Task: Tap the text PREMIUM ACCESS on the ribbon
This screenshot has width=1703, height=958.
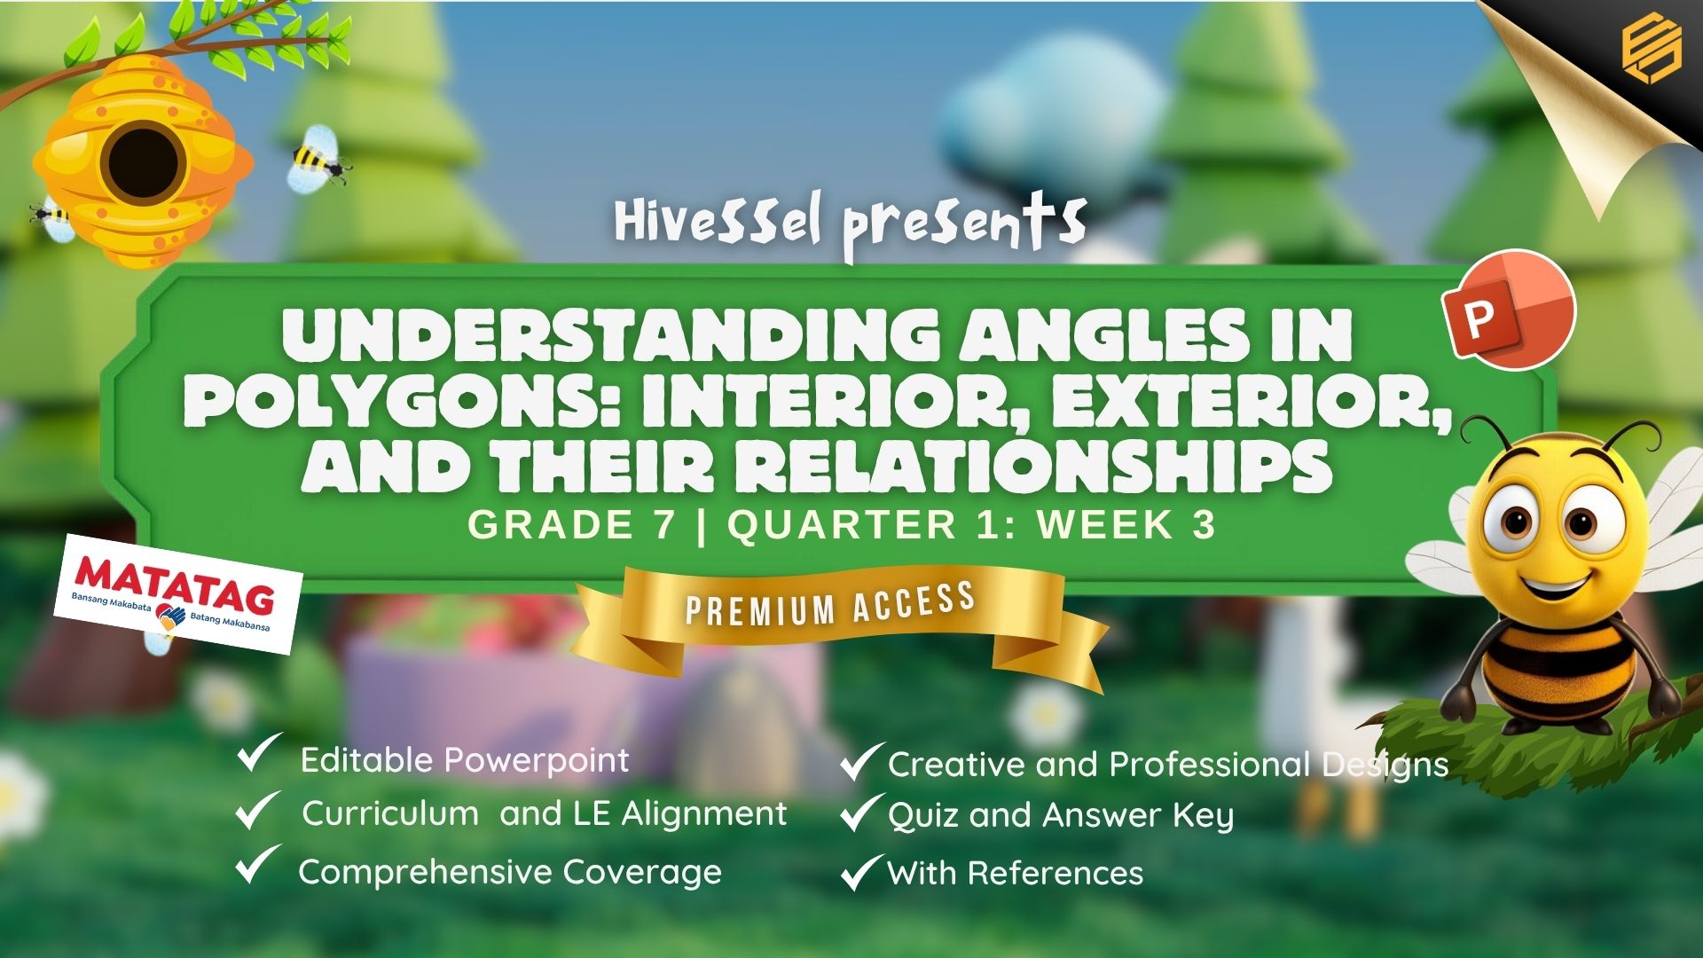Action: click(x=830, y=604)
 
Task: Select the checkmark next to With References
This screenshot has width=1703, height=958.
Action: click(x=862, y=872)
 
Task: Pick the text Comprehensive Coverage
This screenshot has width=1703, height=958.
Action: click(x=510, y=872)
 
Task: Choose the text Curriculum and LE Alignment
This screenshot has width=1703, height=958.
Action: click(x=544, y=813)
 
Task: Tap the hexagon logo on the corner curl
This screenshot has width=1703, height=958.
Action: click(x=1651, y=50)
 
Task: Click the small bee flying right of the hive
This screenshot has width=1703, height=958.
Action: click(x=318, y=158)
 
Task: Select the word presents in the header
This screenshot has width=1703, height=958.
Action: click(x=965, y=227)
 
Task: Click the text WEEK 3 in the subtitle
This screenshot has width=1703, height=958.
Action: click(x=1126, y=525)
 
